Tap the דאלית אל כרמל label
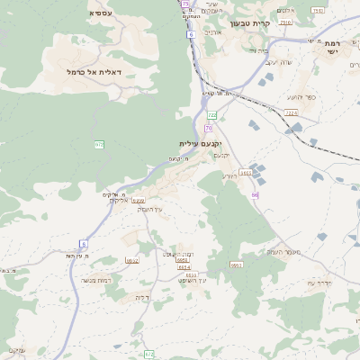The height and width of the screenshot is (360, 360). (94, 71)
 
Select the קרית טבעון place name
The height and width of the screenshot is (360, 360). (251, 23)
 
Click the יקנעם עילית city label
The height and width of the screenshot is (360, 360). (200, 143)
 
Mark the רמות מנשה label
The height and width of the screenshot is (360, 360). (94, 280)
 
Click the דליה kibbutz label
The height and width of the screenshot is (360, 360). (141, 296)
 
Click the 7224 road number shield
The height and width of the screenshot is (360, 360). (290, 112)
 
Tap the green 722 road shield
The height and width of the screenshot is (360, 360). (212, 116)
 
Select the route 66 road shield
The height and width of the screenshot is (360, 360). (255, 194)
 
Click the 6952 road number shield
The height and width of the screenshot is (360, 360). (132, 260)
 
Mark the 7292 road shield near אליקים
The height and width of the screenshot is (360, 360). (139, 201)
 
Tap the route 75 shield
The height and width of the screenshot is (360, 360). (184, 4)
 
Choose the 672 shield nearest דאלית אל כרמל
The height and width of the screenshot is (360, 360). (99, 144)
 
